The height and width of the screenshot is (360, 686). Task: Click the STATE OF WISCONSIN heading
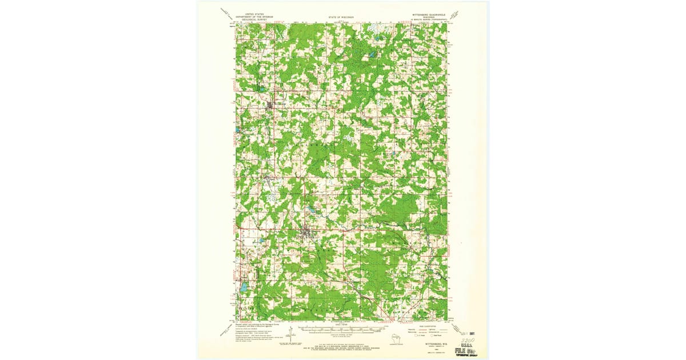[x=341, y=17]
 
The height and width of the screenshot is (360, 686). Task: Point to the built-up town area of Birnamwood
[x=270, y=106]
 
